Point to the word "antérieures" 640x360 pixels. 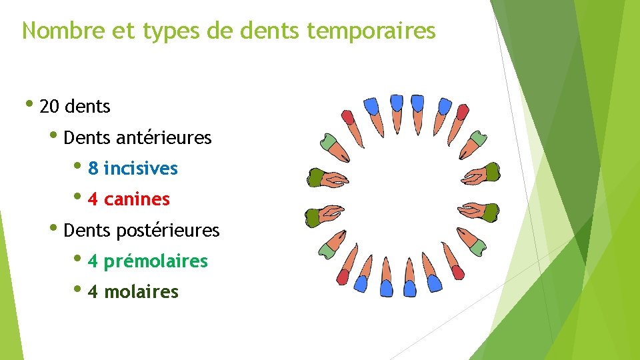pos(163,138)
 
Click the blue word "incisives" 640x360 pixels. pos(141,169)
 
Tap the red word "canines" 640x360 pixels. pos(137,199)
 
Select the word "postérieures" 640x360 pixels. pos(167,231)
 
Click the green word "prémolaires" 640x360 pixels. pos(156,261)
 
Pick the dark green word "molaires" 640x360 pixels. pos(141,292)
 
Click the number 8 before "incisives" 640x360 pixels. pos(93,169)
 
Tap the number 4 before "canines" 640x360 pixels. pos(93,199)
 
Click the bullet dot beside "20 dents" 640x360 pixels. pos(29,104)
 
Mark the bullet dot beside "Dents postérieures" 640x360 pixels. pos(54,229)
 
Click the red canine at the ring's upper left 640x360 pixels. pos(348,119)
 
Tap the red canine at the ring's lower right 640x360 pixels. pos(456,271)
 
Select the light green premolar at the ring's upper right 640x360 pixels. pos(475,141)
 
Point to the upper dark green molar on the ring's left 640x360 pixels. pos(316,177)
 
